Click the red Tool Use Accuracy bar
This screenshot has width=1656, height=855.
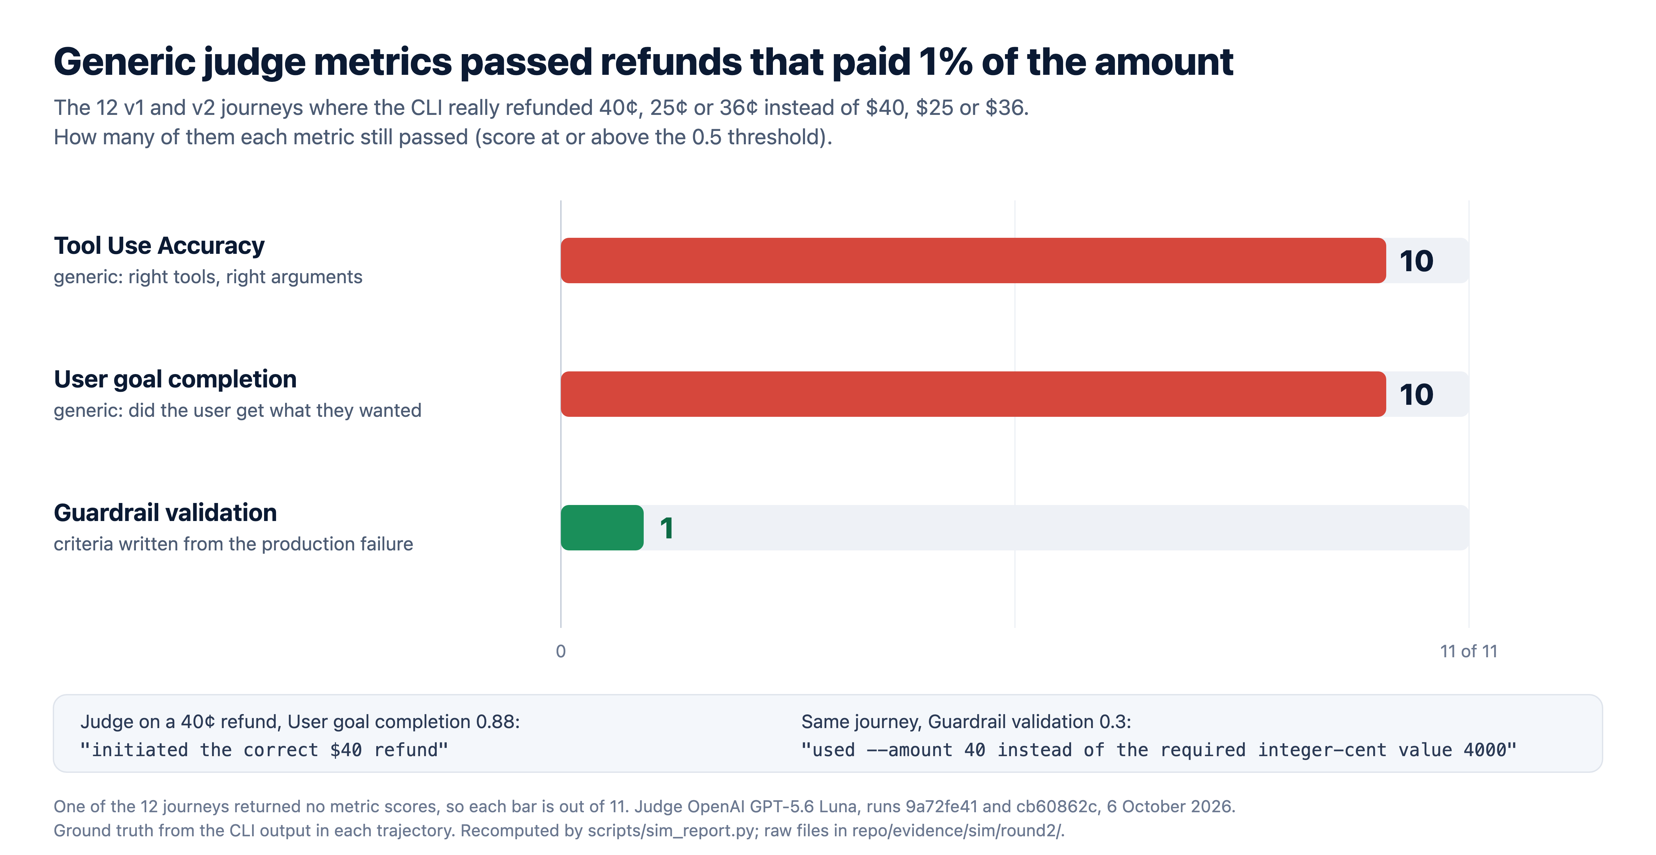click(973, 261)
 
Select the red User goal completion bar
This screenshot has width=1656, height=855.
click(973, 394)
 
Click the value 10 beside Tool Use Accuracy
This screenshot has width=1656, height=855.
click(1416, 261)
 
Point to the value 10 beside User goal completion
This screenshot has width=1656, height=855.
click(1416, 395)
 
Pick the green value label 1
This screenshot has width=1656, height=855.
click(667, 528)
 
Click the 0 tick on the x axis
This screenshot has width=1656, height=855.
click(561, 651)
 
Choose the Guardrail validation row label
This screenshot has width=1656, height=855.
click(165, 513)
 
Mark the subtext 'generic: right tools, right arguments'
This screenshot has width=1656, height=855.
click(208, 277)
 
